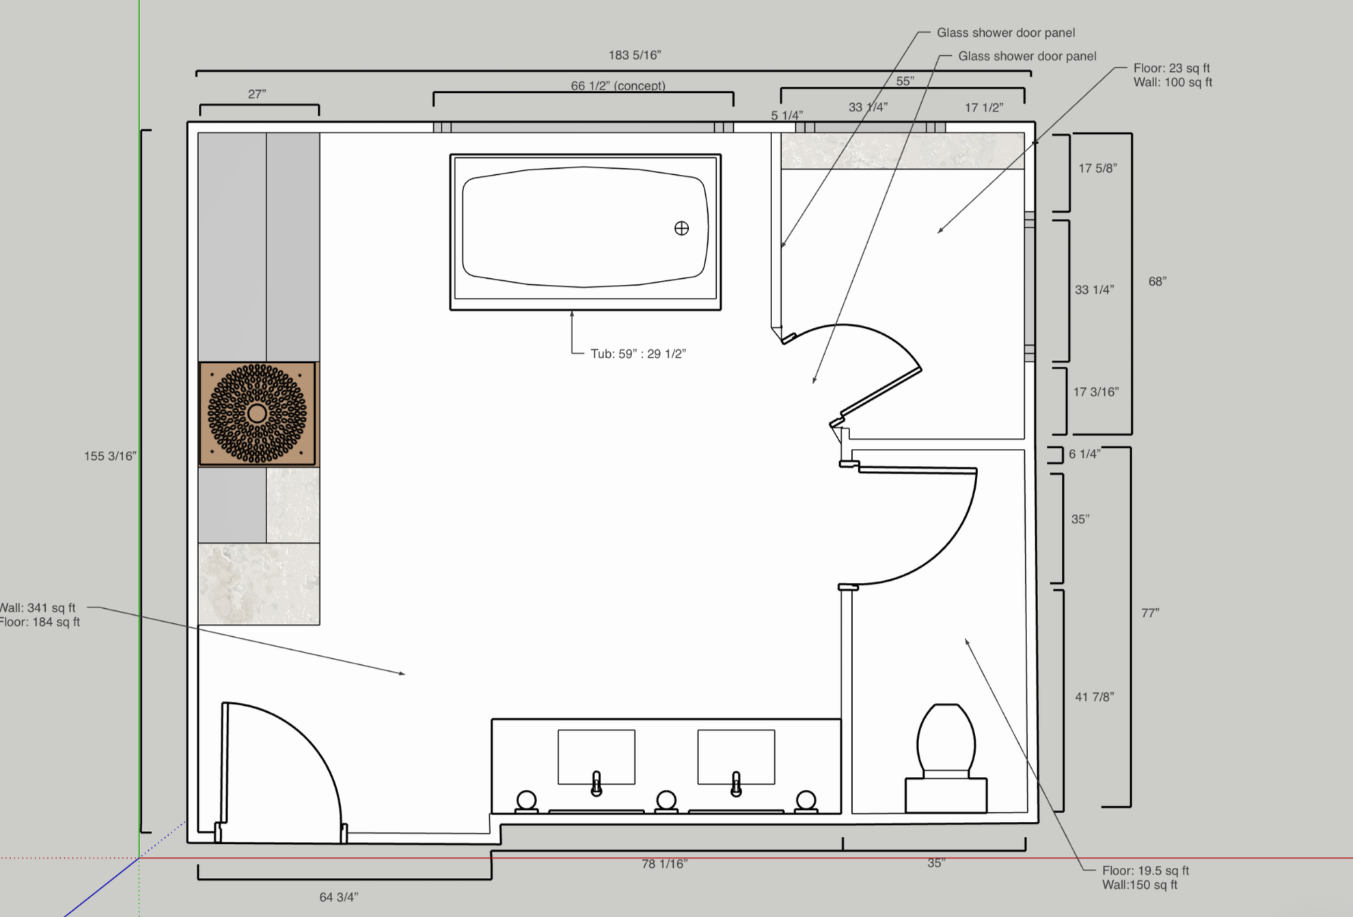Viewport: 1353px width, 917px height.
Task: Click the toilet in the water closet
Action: (946, 741)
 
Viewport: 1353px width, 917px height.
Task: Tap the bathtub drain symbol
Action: (681, 228)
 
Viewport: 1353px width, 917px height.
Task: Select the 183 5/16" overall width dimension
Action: (634, 55)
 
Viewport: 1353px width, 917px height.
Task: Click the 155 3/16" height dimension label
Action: (110, 456)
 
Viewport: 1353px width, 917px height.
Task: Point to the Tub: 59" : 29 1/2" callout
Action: (638, 354)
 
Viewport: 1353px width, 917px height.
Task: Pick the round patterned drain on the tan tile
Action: (257, 413)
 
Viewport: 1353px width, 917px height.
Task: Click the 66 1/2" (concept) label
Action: (618, 85)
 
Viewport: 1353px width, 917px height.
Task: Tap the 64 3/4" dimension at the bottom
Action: (338, 897)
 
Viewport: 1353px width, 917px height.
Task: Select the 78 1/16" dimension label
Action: (664, 864)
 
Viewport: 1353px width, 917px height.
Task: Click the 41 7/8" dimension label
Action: (1094, 697)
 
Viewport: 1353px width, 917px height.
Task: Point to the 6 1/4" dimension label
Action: (1084, 454)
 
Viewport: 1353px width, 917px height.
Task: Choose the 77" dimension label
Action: (1150, 613)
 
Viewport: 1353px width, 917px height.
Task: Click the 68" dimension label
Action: (1157, 282)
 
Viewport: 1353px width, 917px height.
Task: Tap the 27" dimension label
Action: (257, 94)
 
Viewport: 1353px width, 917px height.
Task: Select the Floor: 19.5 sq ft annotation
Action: (1145, 871)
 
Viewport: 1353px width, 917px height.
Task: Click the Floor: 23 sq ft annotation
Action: (1171, 68)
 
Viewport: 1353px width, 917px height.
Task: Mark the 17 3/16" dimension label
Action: (1095, 392)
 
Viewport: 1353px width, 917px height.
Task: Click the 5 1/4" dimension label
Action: (787, 115)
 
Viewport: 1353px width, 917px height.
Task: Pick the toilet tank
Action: (946, 795)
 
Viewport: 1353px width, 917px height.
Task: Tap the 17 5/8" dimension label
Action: (1097, 168)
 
